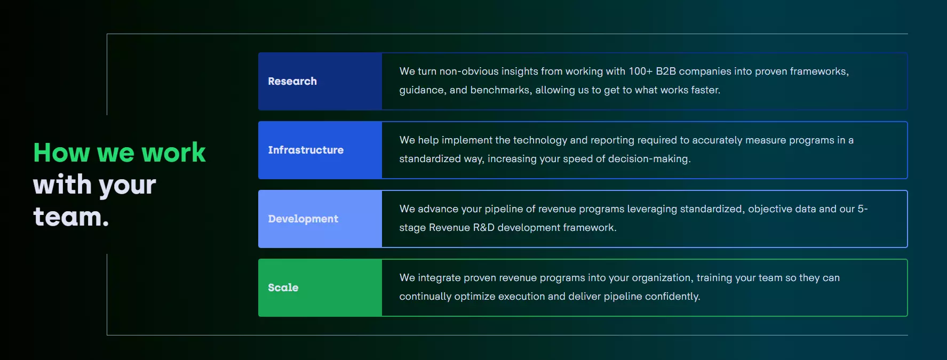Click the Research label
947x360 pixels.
point(292,81)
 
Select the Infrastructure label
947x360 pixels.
point(306,150)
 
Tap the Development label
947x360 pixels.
point(303,219)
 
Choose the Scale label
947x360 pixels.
point(283,287)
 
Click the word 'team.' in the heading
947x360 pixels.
point(71,217)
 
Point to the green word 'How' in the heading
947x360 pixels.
point(62,153)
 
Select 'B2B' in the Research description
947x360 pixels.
point(666,71)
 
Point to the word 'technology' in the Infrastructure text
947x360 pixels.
point(540,140)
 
